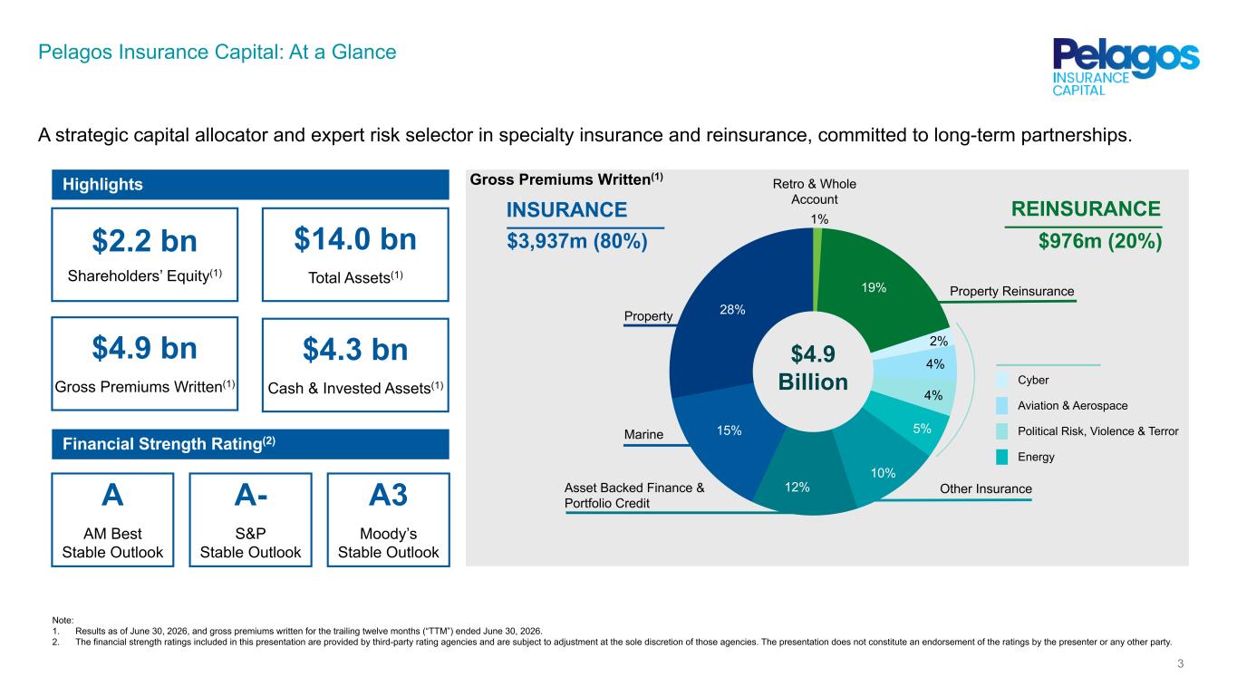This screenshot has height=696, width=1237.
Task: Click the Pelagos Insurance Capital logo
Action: point(1126,67)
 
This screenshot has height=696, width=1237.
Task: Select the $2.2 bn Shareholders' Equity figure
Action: point(145,241)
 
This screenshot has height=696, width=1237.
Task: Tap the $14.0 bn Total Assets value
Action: point(355,239)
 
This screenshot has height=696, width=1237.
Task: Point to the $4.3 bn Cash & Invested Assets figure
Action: point(355,350)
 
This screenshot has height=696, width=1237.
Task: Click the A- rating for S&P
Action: point(251,495)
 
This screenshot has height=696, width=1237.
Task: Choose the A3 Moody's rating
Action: point(388,495)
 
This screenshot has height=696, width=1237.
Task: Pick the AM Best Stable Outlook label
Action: point(112,543)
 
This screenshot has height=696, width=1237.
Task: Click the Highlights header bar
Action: point(250,185)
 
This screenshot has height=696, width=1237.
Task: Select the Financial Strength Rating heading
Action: point(169,443)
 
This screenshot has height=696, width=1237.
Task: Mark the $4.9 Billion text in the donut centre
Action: point(813,368)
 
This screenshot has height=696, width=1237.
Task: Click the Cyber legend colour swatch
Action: point(1001,380)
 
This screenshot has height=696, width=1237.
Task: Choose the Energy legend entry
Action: point(1025,457)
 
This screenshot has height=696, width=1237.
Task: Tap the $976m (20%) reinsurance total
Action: point(1100,241)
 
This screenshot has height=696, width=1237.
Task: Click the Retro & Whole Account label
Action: point(814,192)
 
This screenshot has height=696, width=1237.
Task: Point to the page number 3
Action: point(1180,663)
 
